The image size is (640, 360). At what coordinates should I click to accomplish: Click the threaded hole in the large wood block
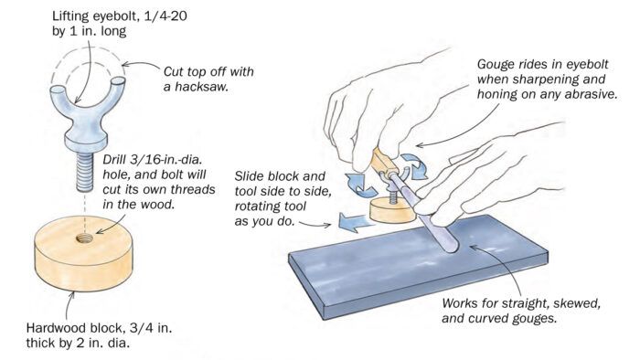point(84,238)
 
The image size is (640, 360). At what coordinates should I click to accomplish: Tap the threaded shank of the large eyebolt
point(85,172)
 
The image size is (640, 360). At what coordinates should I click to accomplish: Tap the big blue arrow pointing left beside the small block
point(356,222)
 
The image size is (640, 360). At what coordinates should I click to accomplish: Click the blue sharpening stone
point(418,266)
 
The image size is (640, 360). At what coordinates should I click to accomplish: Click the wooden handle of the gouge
point(383,162)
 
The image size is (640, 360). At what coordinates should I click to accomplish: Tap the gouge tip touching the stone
point(450,247)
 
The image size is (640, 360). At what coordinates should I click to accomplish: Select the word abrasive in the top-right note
point(591,94)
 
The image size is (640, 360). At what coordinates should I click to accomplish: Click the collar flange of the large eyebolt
point(85,143)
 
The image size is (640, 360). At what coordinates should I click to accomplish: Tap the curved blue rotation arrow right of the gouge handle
point(413,165)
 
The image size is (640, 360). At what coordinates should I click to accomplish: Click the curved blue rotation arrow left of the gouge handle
point(359,185)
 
